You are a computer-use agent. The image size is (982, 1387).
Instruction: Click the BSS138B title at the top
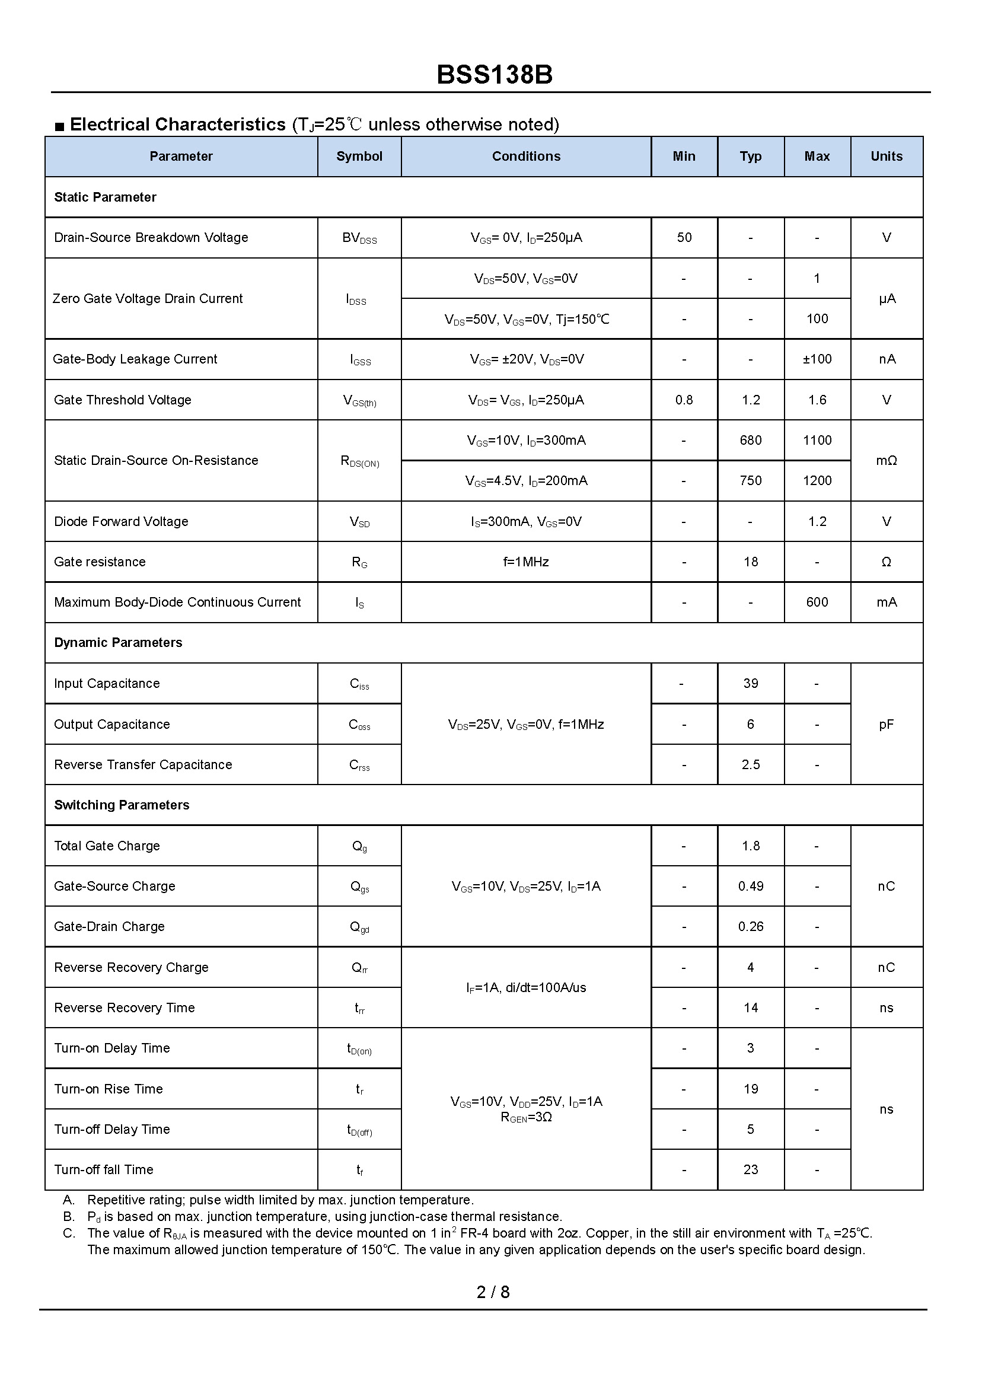click(494, 75)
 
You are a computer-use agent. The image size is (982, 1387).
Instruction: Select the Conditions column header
click(526, 157)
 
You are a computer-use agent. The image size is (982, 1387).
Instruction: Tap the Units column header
click(886, 157)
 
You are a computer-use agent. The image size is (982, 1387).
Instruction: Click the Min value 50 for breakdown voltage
click(684, 238)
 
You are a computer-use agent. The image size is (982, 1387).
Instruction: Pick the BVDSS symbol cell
click(359, 238)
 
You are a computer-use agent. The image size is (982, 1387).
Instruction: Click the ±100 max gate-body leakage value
click(817, 359)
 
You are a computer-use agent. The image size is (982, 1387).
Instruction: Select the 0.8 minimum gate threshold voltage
click(684, 400)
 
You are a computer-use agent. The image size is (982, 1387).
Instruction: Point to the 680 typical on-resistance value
click(750, 440)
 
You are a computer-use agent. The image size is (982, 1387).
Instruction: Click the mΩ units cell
click(886, 461)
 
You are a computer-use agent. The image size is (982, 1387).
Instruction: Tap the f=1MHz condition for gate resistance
click(526, 562)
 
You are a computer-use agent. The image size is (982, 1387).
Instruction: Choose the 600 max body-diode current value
click(817, 602)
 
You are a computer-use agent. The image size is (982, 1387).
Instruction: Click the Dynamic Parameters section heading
click(118, 643)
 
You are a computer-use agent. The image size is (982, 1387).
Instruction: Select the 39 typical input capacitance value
click(750, 683)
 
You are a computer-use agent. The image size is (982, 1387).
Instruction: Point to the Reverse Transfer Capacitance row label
click(143, 765)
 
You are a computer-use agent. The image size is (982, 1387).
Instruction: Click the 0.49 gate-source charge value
click(750, 887)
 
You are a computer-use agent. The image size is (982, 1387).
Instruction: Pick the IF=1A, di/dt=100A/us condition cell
click(526, 987)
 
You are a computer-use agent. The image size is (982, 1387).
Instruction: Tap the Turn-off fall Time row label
click(103, 1170)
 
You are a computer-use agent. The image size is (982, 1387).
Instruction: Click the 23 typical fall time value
click(750, 1170)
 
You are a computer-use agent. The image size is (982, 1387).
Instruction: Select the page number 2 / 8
click(493, 1292)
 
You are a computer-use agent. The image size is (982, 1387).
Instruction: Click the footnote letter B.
click(68, 1216)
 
